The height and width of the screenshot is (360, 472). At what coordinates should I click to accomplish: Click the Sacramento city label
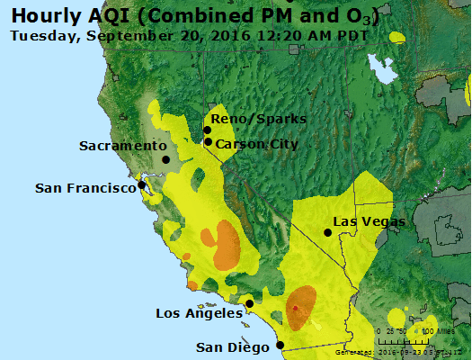point(122,146)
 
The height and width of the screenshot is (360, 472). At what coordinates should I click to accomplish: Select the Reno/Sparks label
point(258,119)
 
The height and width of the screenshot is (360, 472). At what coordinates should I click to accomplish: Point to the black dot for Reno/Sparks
point(207,130)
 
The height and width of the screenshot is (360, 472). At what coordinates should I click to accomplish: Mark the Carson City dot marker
point(208,142)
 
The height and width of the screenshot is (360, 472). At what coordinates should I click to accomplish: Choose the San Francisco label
point(85,188)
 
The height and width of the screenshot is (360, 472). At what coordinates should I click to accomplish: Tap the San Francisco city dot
point(141,185)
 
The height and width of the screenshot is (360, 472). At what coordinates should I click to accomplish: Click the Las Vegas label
point(369,221)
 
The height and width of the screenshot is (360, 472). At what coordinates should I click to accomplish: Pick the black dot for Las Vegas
point(328,232)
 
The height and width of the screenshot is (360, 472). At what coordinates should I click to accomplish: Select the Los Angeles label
point(199,313)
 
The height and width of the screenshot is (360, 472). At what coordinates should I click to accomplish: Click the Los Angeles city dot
point(249,304)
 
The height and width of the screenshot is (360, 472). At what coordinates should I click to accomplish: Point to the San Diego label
point(234,347)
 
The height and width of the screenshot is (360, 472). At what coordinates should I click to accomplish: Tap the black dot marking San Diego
point(281,345)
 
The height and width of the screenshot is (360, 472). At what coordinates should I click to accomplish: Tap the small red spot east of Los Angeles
point(295,309)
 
